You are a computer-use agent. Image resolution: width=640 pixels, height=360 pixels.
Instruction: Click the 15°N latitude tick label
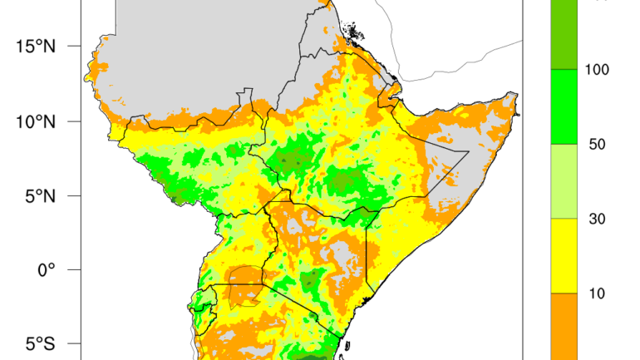[34, 46]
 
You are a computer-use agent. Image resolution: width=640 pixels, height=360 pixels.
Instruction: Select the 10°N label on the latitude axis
[34, 121]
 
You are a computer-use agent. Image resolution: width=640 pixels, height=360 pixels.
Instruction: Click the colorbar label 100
[597, 70]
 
